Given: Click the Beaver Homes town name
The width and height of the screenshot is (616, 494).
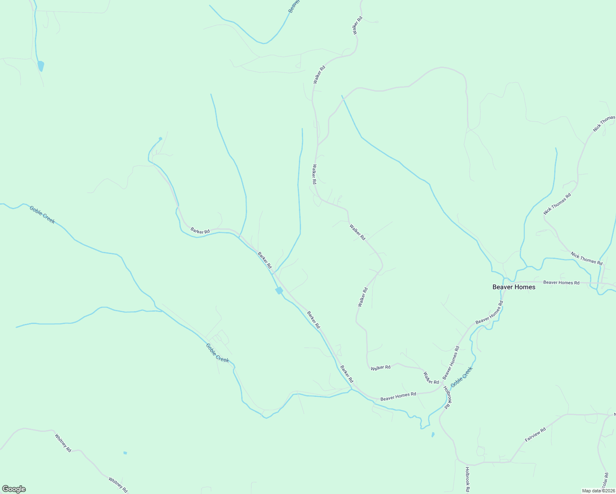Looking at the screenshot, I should (514, 287).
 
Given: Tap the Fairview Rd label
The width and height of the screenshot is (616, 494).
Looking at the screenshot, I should (535, 435).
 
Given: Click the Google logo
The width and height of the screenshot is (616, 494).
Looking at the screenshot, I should (14, 489).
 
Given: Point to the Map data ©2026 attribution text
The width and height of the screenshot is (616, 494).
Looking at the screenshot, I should (597, 491).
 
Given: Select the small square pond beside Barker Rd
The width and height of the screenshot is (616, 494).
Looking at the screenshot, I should (279, 291).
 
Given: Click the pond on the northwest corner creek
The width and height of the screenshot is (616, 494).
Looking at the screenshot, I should (40, 66).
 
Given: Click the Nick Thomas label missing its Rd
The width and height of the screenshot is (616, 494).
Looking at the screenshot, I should (604, 124).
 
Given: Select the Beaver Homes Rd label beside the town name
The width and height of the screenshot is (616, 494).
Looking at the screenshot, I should (561, 282).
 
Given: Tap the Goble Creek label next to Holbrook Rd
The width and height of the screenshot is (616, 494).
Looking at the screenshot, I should (462, 377).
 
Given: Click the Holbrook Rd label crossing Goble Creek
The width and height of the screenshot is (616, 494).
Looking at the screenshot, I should (448, 397).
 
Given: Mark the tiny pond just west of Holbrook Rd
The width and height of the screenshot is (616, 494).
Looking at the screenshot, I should (432, 434).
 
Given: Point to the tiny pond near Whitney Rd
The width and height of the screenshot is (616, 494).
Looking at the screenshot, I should (125, 453).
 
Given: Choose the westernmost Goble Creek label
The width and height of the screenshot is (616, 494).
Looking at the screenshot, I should (42, 214).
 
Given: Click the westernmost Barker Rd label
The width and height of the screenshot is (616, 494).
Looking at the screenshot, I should (200, 231).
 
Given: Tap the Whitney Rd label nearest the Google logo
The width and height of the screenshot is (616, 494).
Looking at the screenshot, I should (118, 485).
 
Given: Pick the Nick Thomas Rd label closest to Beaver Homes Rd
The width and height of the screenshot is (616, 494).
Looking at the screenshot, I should (586, 259).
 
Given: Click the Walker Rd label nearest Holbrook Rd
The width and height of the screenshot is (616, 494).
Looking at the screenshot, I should (431, 378).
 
